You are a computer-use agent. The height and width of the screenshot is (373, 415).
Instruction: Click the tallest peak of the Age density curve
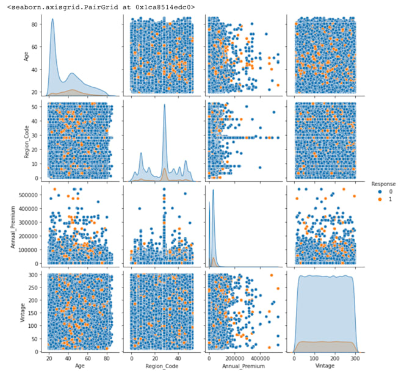(x=52, y=20)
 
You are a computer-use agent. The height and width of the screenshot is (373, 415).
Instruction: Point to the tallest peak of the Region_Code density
(x=164, y=104)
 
